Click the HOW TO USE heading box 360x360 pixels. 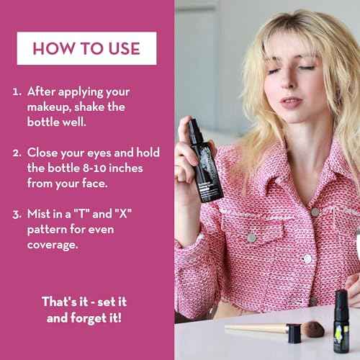click(x=86, y=48)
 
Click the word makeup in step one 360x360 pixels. click(x=51, y=107)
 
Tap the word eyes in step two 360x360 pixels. click(x=99, y=153)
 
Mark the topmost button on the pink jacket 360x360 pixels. click(x=315, y=212)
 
